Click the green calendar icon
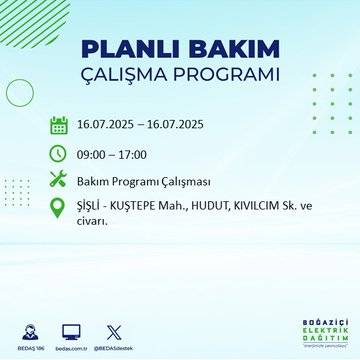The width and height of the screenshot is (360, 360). pos(58,125)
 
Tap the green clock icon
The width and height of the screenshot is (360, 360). pos(58,153)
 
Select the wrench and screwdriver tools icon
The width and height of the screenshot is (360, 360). pos(58,180)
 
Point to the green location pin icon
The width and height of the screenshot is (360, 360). pos(58,208)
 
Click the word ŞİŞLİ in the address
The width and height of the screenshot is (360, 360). pos(91,207)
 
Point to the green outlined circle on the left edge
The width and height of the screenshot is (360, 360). pos(20,93)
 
